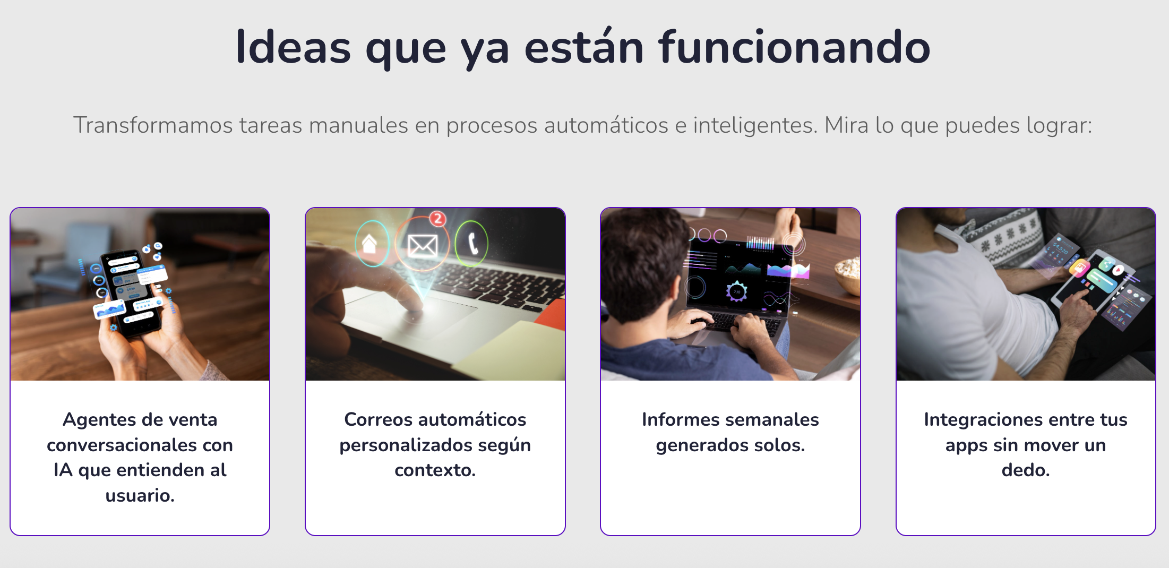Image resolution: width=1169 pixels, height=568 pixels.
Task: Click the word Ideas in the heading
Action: (293, 48)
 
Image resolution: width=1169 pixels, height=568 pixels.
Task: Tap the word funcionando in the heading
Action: (794, 48)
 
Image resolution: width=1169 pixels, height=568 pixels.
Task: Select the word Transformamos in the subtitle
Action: (153, 126)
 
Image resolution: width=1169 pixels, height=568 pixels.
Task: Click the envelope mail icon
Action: (423, 245)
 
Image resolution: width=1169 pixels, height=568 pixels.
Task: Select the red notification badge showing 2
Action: (438, 218)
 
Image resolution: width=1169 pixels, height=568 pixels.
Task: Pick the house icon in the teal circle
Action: (370, 244)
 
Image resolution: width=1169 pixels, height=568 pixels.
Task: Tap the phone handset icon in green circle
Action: (472, 243)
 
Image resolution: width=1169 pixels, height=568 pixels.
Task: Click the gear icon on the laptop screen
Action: (737, 291)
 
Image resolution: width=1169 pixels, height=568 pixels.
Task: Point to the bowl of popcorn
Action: (848, 272)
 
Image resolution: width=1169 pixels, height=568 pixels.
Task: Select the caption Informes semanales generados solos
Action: (730, 432)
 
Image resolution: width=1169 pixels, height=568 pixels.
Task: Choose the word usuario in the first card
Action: (139, 496)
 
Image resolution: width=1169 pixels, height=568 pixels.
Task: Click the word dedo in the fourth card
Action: (1025, 470)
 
